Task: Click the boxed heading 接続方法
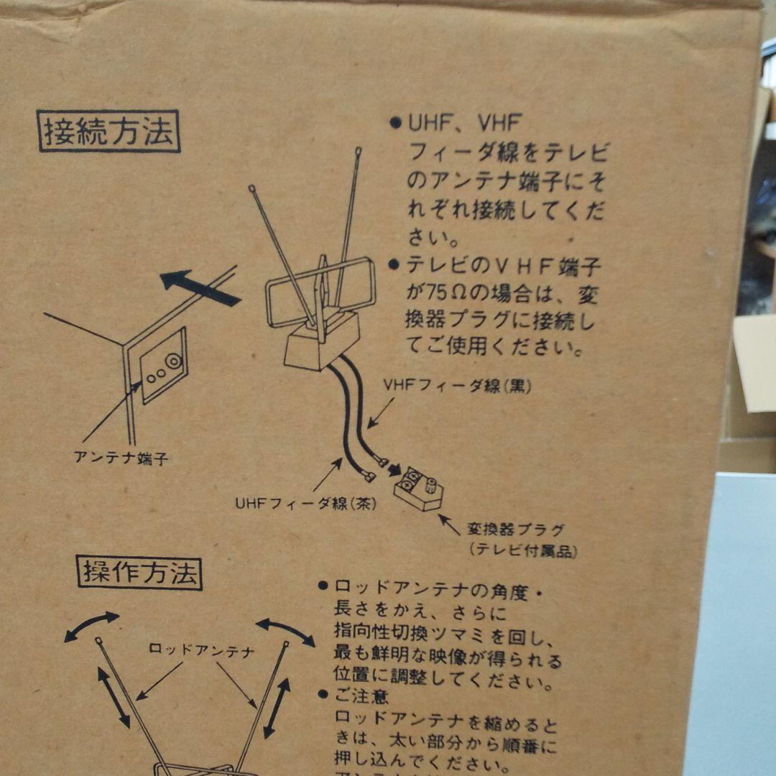pyautogui.click(x=108, y=131)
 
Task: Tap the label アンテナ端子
pyautogui.click(x=121, y=458)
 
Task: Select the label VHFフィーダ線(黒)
pyautogui.click(x=457, y=386)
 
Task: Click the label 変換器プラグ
pyautogui.click(x=515, y=530)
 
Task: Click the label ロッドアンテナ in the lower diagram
pyautogui.click(x=201, y=651)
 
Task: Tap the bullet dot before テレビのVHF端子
pyautogui.click(x=394, y=264)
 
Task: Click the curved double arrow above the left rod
pyautogui.click(x=91, y=626)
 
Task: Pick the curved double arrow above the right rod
pyautogui.click(x=285, y=632)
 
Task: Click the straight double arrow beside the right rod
pyautogui.click(x=277, y=708)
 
